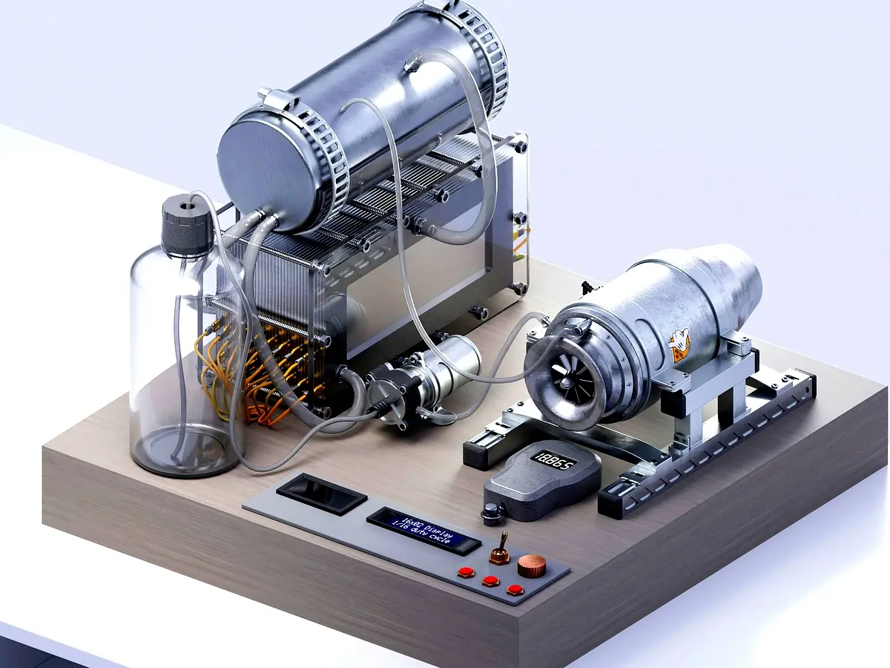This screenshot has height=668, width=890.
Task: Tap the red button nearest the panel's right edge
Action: [x=515, y=590]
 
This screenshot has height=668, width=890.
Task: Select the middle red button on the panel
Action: [x=490, y=580]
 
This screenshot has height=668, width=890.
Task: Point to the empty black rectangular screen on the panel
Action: [x=321, y=494]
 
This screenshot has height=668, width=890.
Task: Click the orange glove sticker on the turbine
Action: [x=679, y=346]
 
